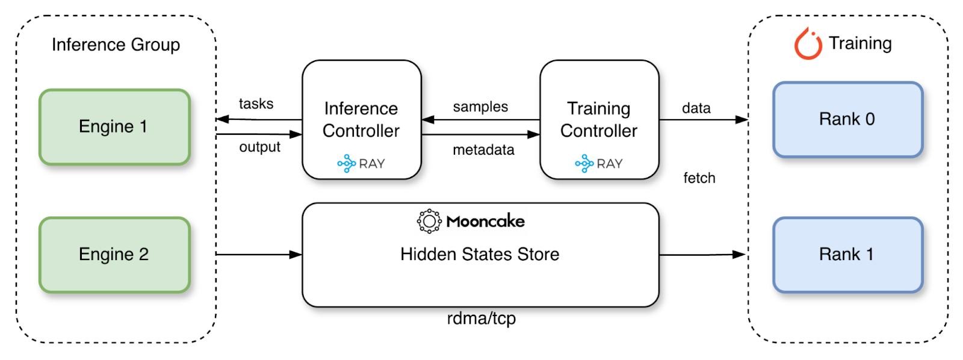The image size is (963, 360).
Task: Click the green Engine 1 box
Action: point(115,127)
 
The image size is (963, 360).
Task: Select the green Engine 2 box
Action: point(115,255)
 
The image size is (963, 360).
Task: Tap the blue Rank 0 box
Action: point(848,120)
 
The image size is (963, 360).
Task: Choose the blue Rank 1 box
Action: point(848,255)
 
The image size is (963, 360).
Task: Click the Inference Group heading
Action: point(116,45)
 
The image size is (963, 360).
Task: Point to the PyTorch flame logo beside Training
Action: point(808,43)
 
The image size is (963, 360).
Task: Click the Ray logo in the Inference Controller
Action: point(346,163)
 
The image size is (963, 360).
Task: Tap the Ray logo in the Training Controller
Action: point(584,163)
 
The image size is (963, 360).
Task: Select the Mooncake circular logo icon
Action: point(429,221)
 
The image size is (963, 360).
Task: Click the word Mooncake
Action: point(485,222)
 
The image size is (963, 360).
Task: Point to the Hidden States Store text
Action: point(480,254)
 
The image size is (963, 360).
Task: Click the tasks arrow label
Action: point(256,104)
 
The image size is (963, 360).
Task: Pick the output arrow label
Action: point(259,147)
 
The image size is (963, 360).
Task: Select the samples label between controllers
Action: point(481,107)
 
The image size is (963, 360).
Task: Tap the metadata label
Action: point(484,150)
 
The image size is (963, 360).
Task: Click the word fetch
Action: point(699,178)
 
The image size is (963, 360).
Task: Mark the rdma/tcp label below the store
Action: point(482,318)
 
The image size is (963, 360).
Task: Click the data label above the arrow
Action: point(696,108)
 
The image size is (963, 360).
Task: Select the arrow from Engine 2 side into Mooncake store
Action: point(259,255)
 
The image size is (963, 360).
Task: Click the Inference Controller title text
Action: point(361,120)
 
